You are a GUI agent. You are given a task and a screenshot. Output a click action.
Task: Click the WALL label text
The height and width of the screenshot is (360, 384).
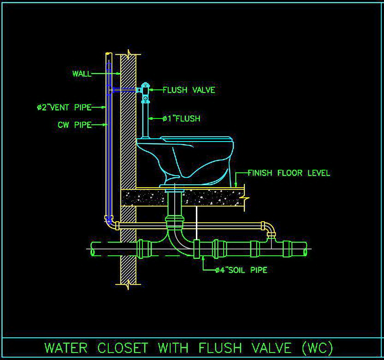pyautogui.click(x=82, y=74)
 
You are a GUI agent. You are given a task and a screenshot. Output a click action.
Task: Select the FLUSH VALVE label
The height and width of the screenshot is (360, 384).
pyautogui.click(x=189, y=90)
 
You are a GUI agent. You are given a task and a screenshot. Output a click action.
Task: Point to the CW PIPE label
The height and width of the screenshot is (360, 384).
pyautogui.click(x=74, y=124)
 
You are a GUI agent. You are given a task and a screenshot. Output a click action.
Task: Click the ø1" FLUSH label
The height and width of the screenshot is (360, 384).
pyautogui.click(x=181, y=118)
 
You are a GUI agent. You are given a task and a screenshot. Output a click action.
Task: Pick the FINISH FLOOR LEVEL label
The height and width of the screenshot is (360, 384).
pyautogui.click(x=289, y=173)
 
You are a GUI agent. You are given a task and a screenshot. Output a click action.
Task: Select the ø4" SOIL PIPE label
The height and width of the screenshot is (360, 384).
pyautogui.click(x=241, y=270)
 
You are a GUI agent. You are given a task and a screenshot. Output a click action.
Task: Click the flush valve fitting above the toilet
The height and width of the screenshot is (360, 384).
pyautogui.click(x=146, y=91)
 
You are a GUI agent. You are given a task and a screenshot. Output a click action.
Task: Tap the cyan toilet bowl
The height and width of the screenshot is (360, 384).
pyautogui.click(x=184, y=159)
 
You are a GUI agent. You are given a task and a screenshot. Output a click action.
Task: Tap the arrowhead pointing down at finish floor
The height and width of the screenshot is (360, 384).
pyautogui.click(x=236, y=185)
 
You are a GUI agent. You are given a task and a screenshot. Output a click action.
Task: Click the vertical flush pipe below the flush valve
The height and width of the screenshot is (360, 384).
pyautogui.click(x=146, y=120)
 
